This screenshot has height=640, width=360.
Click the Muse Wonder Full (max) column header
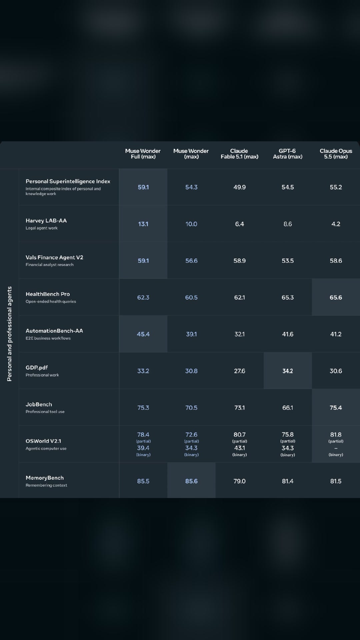143,154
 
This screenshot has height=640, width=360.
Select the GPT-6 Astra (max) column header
287,154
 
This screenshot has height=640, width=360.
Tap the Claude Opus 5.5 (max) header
336,154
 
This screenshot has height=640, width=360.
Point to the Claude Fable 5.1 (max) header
239,154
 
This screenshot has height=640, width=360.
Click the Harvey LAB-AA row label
46,221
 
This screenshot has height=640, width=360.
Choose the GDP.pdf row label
37,368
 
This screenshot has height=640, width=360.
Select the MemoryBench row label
45,478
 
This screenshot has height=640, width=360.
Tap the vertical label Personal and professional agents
9,334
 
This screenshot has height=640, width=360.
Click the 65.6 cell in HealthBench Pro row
336,297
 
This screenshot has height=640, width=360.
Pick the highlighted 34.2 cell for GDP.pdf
288,371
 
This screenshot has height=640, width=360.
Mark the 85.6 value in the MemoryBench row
191,481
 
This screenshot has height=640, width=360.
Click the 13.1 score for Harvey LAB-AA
143,224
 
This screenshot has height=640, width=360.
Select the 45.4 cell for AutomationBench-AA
143,334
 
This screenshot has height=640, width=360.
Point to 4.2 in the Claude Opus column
336,224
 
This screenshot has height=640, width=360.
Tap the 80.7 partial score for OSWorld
239,435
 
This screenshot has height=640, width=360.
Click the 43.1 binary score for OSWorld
239,448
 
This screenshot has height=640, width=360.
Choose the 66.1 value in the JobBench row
288,408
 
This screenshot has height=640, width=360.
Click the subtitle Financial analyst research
49,265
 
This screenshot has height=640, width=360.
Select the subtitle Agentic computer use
46,448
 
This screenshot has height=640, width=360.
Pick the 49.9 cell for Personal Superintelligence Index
239,187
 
